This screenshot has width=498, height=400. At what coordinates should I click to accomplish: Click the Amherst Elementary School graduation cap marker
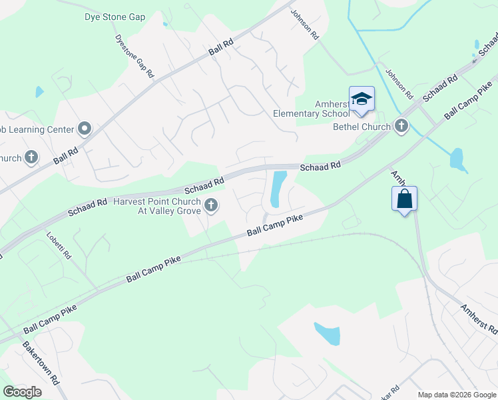click(x=362, y=99)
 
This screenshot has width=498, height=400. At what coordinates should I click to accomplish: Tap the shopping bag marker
click(x=404, y=199)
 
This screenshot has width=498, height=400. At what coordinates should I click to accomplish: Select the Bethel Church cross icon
click(x=401, y=126)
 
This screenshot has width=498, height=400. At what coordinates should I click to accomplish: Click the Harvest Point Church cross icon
click(x=211, y=205)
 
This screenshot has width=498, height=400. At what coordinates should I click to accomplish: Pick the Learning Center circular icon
click(x=84, y=127)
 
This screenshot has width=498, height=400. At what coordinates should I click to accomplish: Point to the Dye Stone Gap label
click(x=115, y=17)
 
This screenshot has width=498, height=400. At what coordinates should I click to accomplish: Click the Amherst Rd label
click(x=479, y=318)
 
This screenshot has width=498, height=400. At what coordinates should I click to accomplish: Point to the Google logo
click(x=23, y=391)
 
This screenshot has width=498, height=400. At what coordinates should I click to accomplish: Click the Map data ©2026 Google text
click(x=457, y=395)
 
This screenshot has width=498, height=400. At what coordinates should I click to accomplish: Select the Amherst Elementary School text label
click(x=312, y=109)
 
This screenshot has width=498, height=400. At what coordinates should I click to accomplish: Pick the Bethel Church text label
click(x=363, y=127)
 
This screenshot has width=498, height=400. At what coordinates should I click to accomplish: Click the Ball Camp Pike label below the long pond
click(x=275, y=225)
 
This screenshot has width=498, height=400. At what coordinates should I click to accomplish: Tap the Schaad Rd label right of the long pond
click(x=320, y=165)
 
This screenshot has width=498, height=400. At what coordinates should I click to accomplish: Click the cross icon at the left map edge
click(x=31, y=158)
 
